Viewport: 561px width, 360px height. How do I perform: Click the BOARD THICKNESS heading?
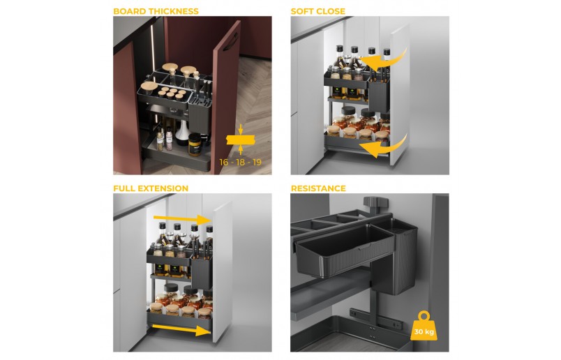click(156, 11)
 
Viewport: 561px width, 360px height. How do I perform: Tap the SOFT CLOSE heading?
click(317, 11)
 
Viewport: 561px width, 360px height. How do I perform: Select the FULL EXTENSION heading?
click(151, 188)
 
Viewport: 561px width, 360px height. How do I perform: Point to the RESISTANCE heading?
click(318, 188)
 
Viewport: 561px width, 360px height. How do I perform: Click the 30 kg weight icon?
click(424, 327)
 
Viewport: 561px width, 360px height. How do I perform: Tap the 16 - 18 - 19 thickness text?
click(241, 163)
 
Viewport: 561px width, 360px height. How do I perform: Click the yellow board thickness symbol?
click(241, 140)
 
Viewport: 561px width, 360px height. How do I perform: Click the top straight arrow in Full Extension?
click(182, 218)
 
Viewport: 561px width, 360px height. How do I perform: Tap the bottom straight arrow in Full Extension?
click(181, 329)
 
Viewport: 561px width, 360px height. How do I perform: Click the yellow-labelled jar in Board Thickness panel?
click(195, 145)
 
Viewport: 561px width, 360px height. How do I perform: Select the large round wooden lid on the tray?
click(149, 87)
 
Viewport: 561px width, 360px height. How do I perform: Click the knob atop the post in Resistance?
click(375, 203)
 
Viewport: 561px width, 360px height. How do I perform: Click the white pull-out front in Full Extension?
click(223, 272)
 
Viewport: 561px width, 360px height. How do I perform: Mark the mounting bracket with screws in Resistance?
click(375, 320)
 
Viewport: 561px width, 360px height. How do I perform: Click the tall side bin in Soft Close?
click(380, 96)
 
